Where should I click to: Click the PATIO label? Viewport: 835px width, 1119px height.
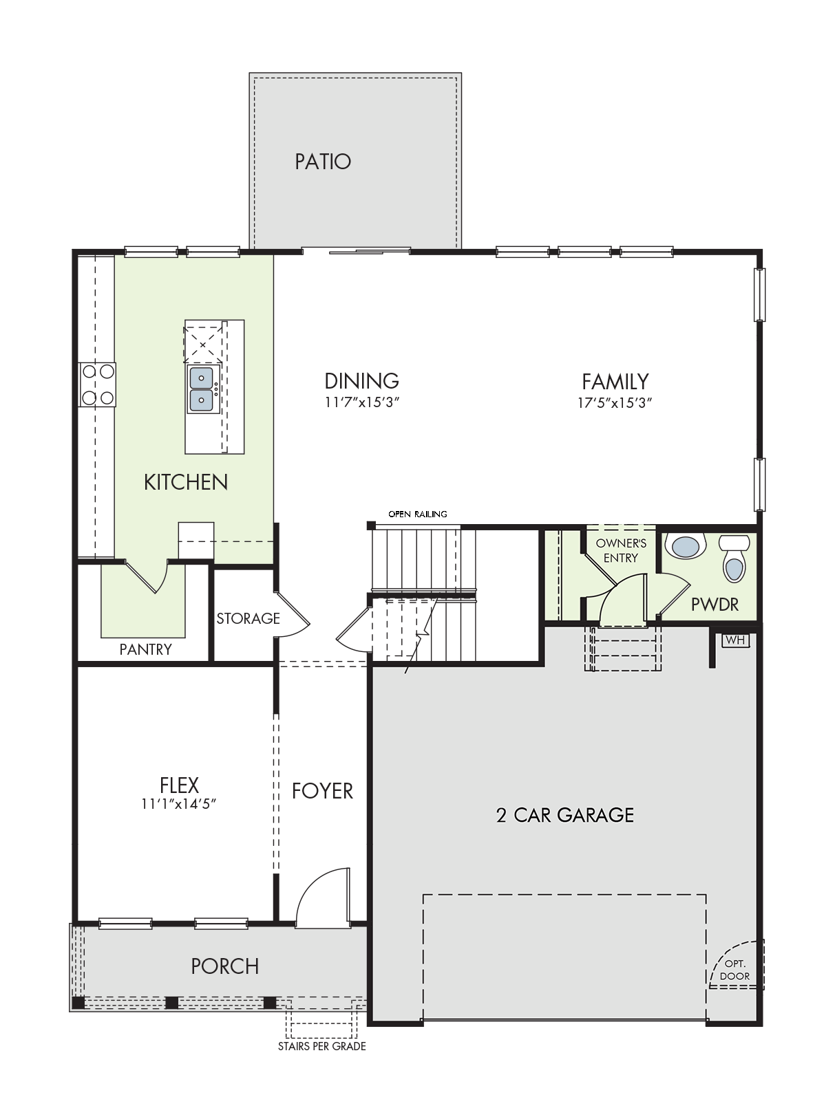click(323, 162)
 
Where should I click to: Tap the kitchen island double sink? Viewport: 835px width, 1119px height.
click(202, 389)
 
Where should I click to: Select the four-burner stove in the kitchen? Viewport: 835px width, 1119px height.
click(98, 384)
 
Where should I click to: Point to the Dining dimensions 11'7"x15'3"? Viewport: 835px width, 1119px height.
click(361, 402)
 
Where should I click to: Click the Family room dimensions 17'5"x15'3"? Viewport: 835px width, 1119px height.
click(615, 403)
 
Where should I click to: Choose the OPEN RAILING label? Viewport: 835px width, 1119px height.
click(418, 514)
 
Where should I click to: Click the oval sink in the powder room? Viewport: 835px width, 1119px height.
click(686, 547)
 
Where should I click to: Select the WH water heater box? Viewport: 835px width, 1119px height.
click(735, 640)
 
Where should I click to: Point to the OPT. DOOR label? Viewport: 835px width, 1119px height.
click(735, 970)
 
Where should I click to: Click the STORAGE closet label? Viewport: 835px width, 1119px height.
click(248, 618)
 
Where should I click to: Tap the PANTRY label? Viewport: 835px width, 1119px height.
click(145, 649)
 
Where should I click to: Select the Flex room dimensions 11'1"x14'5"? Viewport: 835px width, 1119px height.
click(179, 804)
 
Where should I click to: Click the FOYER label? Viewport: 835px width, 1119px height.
click(322, 791)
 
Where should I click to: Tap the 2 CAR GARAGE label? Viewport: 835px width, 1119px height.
click(565, 814)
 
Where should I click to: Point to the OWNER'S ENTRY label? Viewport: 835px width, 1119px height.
click(621, 551)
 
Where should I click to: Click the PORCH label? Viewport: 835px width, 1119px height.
click(225, 966)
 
